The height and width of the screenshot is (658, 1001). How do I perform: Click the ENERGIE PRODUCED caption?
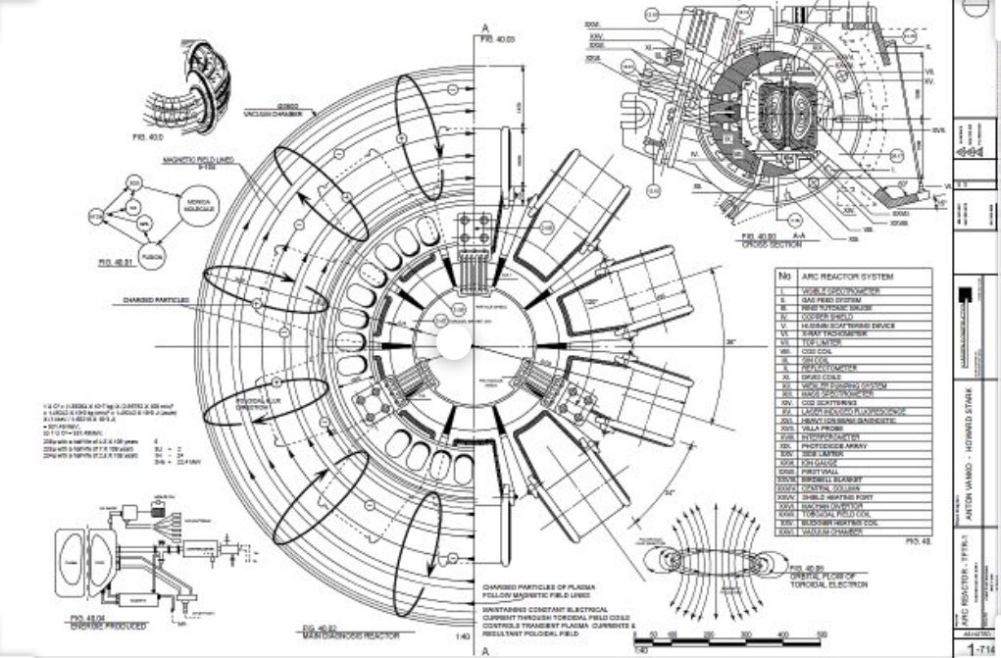112,625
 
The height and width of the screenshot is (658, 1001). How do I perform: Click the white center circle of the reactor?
454,344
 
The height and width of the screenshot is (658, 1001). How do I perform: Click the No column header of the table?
782,277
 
